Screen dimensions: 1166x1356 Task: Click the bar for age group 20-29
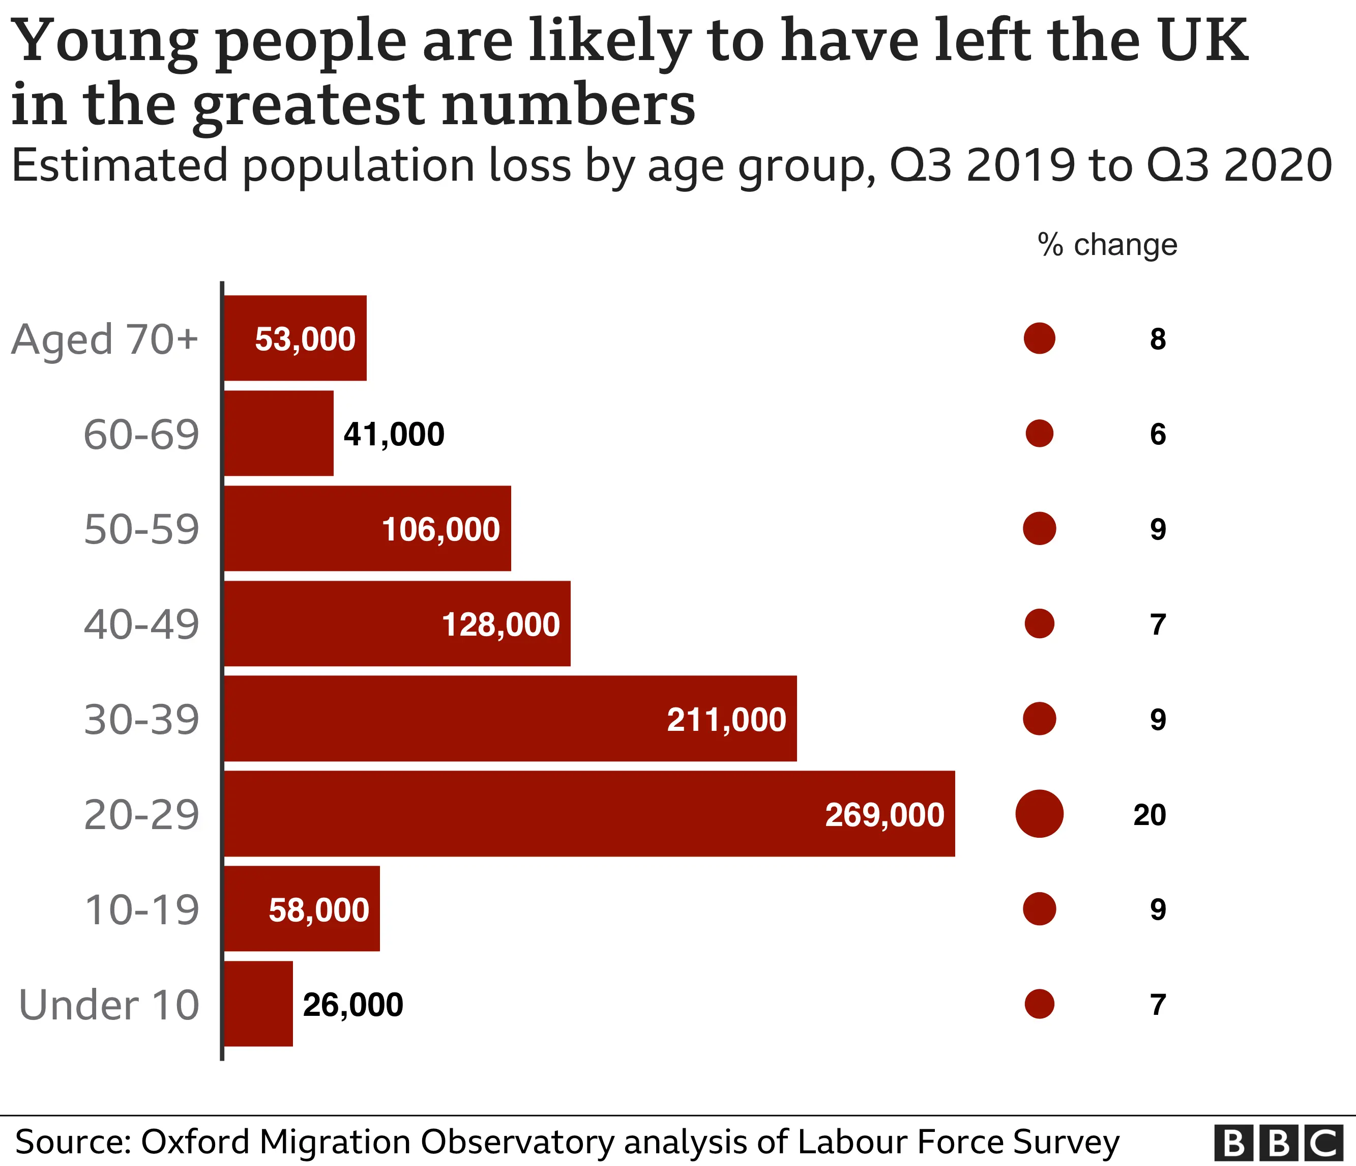[x=589, y=813]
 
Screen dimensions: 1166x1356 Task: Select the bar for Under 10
[x=258, y=1004]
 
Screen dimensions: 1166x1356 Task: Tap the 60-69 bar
[x=279, y=434]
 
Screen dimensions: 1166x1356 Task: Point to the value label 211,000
[x=726, y=720]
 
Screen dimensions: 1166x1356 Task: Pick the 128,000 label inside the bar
[x=500, y=624]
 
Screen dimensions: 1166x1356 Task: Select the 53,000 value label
[x=305, y=338]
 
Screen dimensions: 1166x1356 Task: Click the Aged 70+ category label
[x=105, y=339]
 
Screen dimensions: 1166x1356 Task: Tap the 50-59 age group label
[x=141, y=529]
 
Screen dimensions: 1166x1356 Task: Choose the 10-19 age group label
[x=141, y=909]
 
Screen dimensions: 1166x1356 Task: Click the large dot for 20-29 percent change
[x=1039, y=814]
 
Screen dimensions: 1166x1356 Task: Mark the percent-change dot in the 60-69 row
[x=1039, y=434]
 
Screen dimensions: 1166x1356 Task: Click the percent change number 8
[x=1158, y=339]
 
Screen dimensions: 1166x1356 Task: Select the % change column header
[x=1107, y=244]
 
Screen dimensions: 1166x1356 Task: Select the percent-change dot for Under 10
[x=1039, y=1004]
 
